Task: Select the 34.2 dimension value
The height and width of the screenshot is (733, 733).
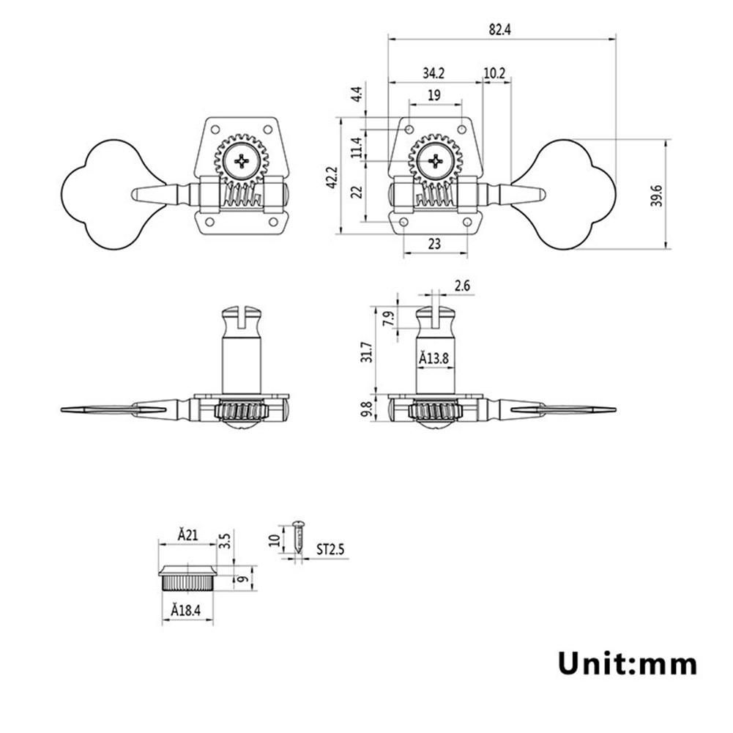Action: pos(433,73)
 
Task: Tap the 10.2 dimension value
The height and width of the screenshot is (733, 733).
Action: pos(495,73)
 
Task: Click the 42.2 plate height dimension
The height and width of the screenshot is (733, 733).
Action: pos(331,176)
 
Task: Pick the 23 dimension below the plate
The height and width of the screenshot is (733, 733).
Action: pos(434,245)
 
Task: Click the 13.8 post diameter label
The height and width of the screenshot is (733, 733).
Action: pos(434,359)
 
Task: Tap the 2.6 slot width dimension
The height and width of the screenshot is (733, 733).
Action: pos(462,286)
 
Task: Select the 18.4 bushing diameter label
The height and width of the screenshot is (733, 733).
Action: pos(186,609)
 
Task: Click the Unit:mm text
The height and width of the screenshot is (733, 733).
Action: pos(628,663)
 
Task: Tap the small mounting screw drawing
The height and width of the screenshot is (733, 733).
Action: pos(298,536)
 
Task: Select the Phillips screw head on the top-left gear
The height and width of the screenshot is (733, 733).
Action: pos(242,160)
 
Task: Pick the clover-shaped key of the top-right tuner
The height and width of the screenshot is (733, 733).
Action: pos(576,194)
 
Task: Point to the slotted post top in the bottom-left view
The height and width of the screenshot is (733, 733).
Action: pos(242,319)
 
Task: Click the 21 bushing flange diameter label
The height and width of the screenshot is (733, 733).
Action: pos(187,535)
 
